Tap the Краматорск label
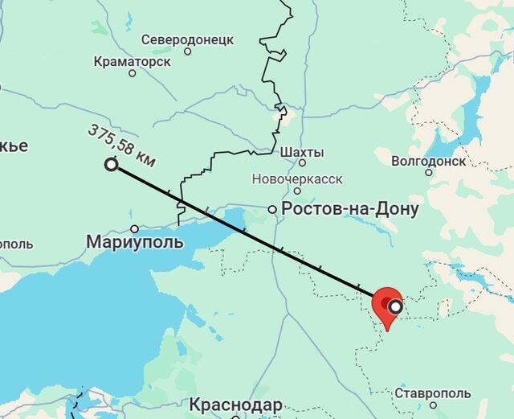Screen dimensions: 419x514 (x=132, y=60)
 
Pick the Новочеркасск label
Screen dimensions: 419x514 (x=297, y=178)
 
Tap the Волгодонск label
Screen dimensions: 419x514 (x=429, y=160)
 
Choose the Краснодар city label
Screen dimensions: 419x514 (x=236, y=404)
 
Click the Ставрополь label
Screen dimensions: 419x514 (x=433, y=393)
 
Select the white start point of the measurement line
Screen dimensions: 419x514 (x=111, y=165)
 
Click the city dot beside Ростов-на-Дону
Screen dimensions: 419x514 (x=273, y=209)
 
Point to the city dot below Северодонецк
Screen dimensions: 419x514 (x=188, y=51)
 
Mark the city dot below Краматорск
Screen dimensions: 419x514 (x=133, y=73)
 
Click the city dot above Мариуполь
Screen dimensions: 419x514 (x=135, y=228)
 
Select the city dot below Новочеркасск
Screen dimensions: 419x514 (x=297, y=191)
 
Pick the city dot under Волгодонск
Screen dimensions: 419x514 (x=429, y=172)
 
